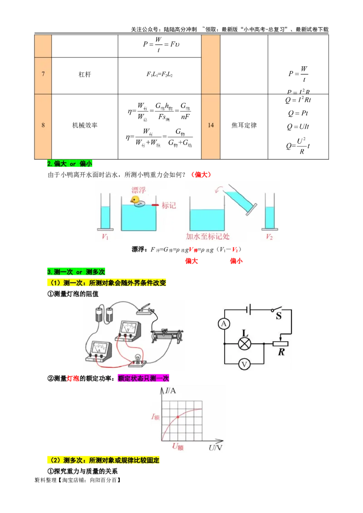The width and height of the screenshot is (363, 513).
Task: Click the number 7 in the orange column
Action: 43,74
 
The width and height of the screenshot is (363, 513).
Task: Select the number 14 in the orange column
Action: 211,125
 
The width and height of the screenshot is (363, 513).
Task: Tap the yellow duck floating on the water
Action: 135,200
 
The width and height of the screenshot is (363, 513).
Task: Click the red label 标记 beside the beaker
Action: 168,205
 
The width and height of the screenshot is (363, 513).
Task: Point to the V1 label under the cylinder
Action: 105,236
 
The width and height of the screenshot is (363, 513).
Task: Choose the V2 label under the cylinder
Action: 269,237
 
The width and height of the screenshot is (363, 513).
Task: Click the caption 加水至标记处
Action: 208,236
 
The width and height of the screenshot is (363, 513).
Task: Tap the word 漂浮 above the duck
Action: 139,190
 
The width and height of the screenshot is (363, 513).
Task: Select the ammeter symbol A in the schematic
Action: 223,324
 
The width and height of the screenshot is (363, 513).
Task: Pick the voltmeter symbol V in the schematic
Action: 245,363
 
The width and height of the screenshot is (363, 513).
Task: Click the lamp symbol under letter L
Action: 245,344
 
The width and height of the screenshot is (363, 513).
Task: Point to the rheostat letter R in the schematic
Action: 281,352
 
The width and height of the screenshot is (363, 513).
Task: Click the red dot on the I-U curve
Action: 178,416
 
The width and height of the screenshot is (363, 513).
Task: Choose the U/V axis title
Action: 215,447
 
